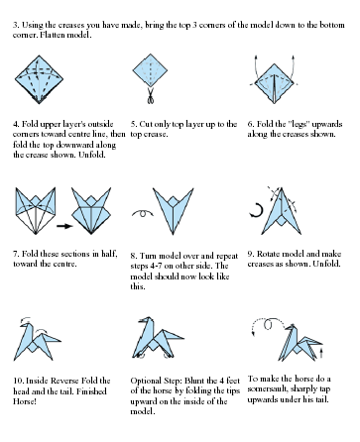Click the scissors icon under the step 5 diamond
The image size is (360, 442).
(151, 95)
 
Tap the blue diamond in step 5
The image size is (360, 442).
(150, 70)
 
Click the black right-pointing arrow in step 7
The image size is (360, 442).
(64, 226)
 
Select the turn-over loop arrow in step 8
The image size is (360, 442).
(143, 213)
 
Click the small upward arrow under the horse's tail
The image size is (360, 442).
(322, 352)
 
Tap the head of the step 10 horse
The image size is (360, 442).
(26, 325)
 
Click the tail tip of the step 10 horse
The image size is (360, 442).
(60, 340)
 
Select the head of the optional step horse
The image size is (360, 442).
(146, 320)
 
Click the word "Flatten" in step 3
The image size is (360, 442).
(53, 35)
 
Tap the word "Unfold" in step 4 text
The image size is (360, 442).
(92, 155)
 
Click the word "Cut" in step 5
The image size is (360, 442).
(146, 124)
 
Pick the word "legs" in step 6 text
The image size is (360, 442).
(300, 125)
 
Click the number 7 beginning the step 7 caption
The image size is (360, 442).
(15, 254)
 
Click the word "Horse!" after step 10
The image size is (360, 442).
(24, 401)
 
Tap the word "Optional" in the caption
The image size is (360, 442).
(146, 381)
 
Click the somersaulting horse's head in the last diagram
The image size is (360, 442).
(291, 328)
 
